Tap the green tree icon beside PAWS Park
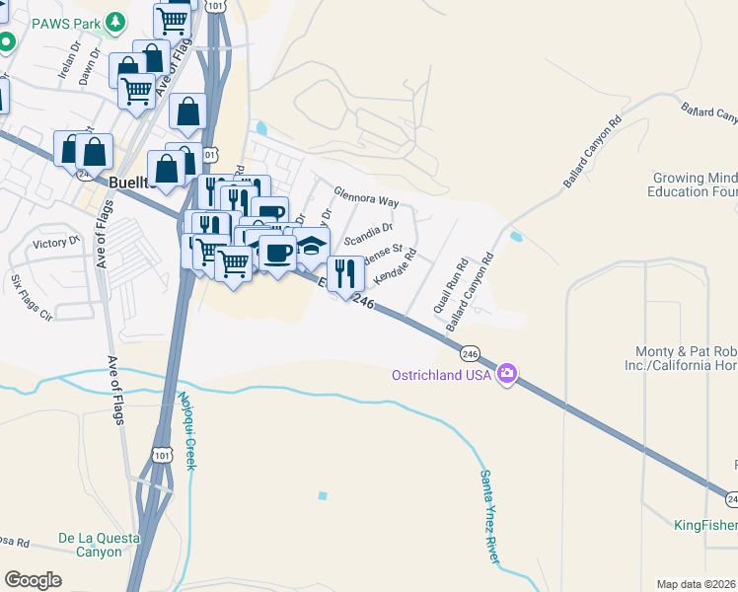pos(116,21)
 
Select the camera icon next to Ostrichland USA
pos(507,373)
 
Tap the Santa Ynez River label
pos(489,517)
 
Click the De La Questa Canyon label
pos(90,545)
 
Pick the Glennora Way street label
pos(366,196)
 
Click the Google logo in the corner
pos(33,580)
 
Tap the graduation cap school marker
pos(311,245)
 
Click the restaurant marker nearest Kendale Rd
pos(344,272)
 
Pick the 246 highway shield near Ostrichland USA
pos(470,353)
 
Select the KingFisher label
pos(705,524)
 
